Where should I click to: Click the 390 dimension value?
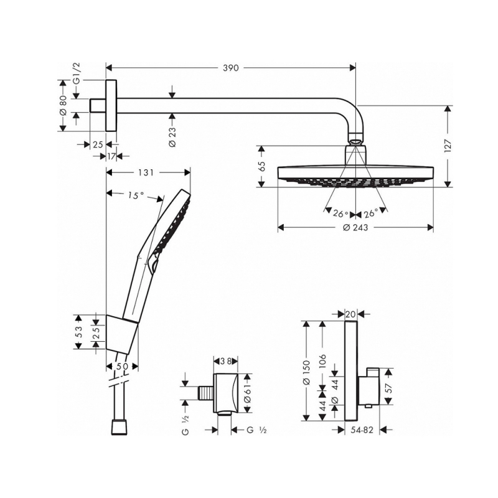pyautogui.click(x=230, y=68)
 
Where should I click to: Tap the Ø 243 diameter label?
pyautogui.click(x=355, y=228)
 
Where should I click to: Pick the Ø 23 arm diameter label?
pyautogui.click(x=172, y=136)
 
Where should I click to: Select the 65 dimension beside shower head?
pyautogui.click(x=262, y=167)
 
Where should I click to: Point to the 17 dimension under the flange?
pyautogui.click(x=111, y=156)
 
